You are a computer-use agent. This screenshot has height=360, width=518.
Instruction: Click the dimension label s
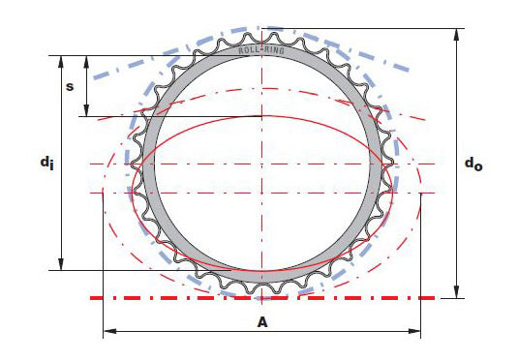click(x=70, y=86)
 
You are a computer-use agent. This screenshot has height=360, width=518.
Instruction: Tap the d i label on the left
click(x=46, y=164)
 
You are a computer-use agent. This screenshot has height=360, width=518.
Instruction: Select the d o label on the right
click(x=473, y=164)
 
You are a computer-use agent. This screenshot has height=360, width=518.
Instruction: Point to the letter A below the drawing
click(x=262, y=322)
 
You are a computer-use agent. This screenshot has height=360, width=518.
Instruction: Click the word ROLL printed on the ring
click(x=246, y=50)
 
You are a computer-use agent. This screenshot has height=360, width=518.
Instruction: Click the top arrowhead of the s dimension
click(x=86, y=61)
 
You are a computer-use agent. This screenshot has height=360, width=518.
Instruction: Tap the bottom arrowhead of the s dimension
click(x=86, y=110)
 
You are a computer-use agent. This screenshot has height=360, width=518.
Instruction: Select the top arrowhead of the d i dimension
click(x=61, y=61)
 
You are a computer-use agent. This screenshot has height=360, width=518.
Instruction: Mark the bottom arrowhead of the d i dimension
click(x=61, y=264)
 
